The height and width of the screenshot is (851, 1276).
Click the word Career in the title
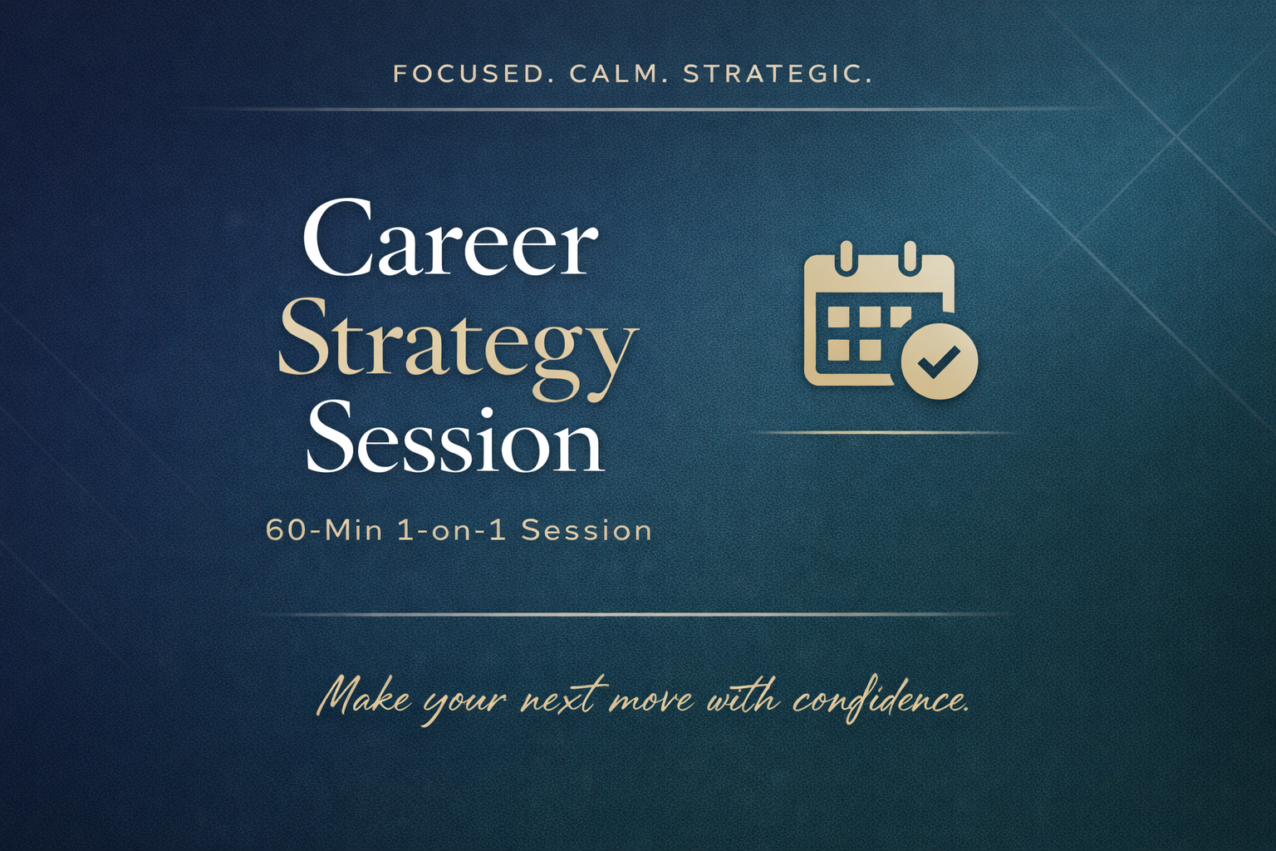(450, 238)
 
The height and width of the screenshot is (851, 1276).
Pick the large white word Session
(454, 439)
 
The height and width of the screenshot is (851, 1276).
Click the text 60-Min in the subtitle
(324, 531)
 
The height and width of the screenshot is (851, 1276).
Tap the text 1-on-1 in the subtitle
(452, 531)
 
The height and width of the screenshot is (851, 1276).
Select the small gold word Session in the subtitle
(586, 531)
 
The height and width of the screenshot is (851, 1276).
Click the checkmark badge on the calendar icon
(940, 361)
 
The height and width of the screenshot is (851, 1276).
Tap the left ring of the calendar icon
(847, 258)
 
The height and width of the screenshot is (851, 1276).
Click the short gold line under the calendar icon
(882, 433)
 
